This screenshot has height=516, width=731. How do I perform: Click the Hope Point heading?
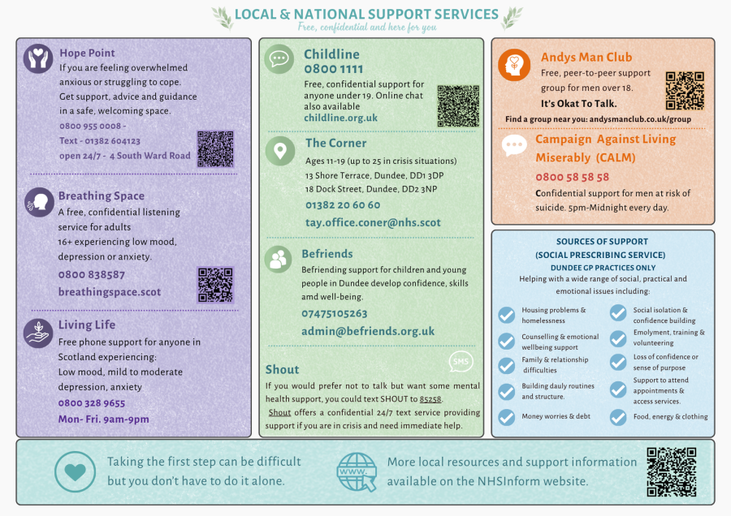click(87, 53)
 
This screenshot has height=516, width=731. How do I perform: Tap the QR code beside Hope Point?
click(215, 149)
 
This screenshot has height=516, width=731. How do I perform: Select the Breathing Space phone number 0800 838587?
click(91, 275)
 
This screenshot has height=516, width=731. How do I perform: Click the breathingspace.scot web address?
click(110, 292)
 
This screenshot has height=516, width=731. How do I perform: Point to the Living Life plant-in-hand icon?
click(38, 333)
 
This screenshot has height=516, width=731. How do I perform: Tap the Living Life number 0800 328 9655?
click(92, 403)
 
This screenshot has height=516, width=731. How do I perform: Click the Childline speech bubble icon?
click(279, 59)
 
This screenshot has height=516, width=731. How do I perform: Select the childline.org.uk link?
click(341, 118)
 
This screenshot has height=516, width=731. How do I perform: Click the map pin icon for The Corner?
click(279, 151)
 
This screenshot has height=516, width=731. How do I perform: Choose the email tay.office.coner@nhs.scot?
click(373, 222)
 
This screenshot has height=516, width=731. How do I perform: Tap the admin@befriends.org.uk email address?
click(368, 331)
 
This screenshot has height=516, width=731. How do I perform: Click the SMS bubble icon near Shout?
click(461, 361)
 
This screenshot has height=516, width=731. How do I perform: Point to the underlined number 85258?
click(430, 399)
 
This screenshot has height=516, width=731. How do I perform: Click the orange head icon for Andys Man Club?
click(514, 65)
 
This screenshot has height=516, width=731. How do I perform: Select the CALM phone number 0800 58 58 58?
click(572, 177)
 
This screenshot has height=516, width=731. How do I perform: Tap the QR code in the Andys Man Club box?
click(685, 90)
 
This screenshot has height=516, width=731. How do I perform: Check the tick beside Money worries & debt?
click(506, 417)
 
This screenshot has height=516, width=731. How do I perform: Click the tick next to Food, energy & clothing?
click(618, 417)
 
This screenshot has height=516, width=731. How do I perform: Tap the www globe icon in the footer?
click(357, 472)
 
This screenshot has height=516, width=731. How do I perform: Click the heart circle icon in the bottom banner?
click(75, 471)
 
